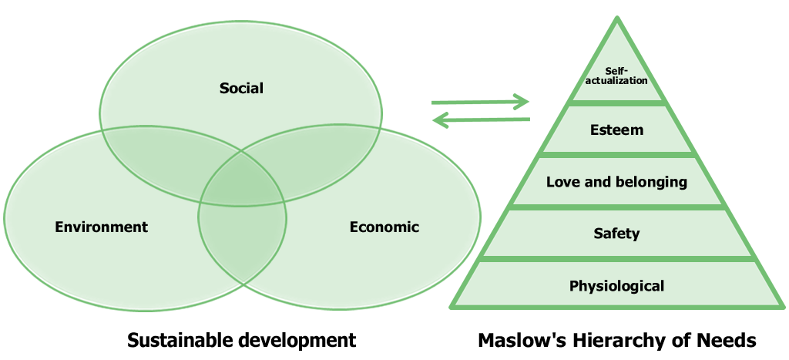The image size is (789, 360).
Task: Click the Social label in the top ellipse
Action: (x=241, y=88)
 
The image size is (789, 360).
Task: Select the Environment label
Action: (x=101, y=227)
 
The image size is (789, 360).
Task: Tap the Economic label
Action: (x=384, y=227)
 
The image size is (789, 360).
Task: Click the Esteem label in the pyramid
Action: (x=616, y=130)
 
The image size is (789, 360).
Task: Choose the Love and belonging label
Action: (x=616, y=183)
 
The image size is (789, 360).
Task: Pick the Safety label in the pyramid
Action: (x=616, y=233)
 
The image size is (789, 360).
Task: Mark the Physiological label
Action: (x=616, y=286)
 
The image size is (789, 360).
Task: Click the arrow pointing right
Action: (x=481, y=102)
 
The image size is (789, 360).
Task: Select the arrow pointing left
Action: (x=481, y=119)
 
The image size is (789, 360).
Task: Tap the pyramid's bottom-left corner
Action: (x=451, y=308)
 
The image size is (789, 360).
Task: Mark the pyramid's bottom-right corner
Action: (x=784, y=308)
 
